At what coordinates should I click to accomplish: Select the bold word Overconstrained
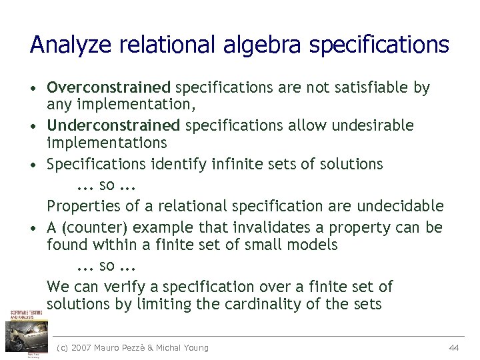tap(109, 87)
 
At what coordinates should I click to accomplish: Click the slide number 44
tap(454, 347)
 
